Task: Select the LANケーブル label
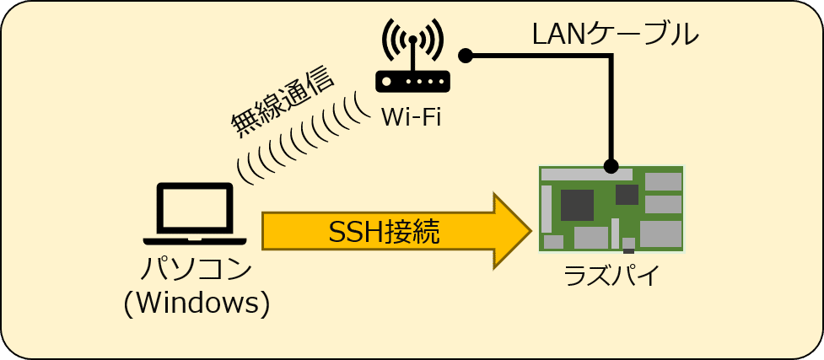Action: click(x=615, y=35)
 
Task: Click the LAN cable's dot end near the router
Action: click(x=465, y=56)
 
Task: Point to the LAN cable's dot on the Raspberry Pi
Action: click(x=611, y=166)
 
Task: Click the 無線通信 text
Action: click(x=283, y=100)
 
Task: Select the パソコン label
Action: click(x=196, y=270)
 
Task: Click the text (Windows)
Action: click(x=197, y=303)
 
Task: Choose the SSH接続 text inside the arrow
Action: click(x=383, y=231)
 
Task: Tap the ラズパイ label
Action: click(x=611, y=276)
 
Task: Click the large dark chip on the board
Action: click(x=577, y=205)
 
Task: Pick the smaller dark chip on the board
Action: click(x=627, y=195)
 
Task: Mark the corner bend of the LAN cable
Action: click(x=610, y=56)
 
